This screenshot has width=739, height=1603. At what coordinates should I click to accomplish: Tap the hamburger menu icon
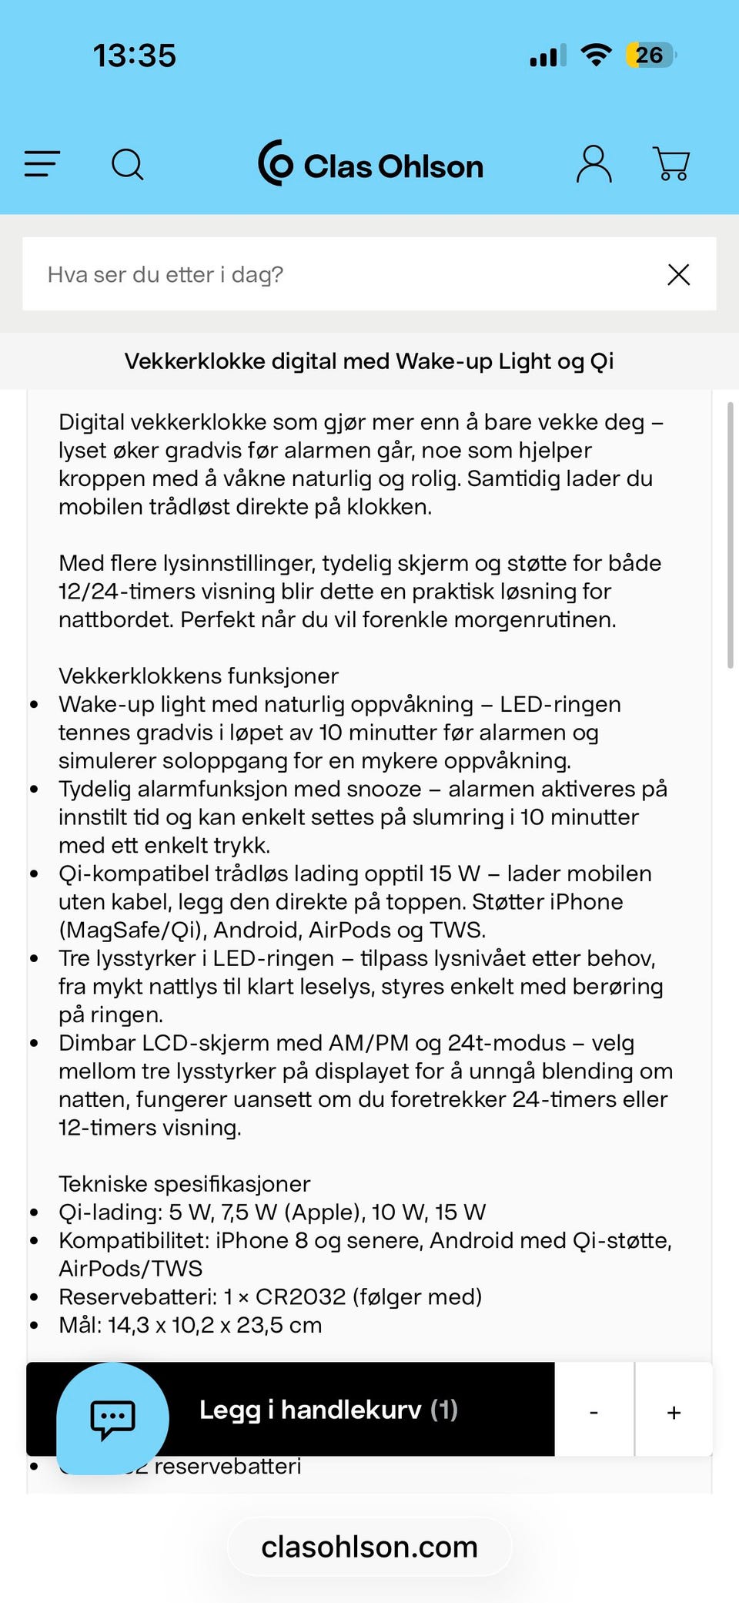(x=42, y=164)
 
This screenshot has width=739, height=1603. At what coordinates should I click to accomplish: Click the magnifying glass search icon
(x=128, y=164)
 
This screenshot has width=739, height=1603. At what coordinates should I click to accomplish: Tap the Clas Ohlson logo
(x=371, y=164)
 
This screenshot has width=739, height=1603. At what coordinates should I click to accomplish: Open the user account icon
(x=594, y=164)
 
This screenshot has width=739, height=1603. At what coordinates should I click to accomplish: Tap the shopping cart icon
(x=671, y=164)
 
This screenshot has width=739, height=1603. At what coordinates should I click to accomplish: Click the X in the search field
(x=678, y=275)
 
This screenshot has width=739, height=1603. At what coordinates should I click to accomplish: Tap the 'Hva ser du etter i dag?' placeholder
(x=166, y=275)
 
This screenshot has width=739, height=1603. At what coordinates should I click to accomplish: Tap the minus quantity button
(x=594, y=1412)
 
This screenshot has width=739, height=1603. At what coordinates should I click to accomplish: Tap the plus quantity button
(x=674, y=1412)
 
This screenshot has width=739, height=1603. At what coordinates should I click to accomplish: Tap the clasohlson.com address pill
(x=369, y=1547)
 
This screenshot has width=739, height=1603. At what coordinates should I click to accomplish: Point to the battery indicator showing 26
(x=650, y=55)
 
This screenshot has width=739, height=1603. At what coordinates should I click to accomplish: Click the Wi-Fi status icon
(x=596, y=55)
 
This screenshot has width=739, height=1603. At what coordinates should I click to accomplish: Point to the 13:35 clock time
(x=135, y=55)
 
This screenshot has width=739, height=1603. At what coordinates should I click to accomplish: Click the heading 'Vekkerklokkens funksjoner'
(x=199, y=676)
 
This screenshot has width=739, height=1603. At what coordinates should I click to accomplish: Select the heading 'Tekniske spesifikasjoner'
(x=185, y=1184)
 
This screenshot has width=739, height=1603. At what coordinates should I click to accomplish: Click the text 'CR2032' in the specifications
(x=300, y=1297)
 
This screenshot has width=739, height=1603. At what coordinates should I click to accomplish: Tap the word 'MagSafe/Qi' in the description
(x=132, y=931)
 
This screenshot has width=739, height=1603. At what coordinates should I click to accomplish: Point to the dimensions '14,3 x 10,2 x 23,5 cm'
(x=215, y=1326)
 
